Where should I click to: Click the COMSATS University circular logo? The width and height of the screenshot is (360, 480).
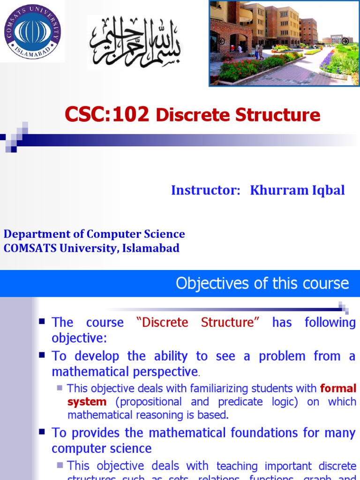(32, 32)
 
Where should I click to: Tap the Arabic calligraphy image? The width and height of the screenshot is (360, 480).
(135, 41)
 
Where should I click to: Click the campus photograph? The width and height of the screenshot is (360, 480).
(284, 44)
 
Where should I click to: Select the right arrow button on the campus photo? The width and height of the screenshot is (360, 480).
(345, 41)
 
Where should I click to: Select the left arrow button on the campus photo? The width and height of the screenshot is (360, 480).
(221, 41)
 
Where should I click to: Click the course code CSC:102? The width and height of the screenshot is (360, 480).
(107, 114)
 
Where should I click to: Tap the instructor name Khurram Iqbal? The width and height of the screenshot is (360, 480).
(297, 190)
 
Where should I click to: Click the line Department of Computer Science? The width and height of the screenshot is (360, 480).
(94, 234)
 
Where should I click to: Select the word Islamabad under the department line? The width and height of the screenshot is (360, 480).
(151, 248)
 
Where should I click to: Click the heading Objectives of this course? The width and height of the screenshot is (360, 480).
(262, 283)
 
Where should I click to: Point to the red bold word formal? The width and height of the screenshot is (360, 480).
(338, 388)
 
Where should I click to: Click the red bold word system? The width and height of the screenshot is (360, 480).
(87, 402)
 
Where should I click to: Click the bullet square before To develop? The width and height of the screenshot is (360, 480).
(42, 355)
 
